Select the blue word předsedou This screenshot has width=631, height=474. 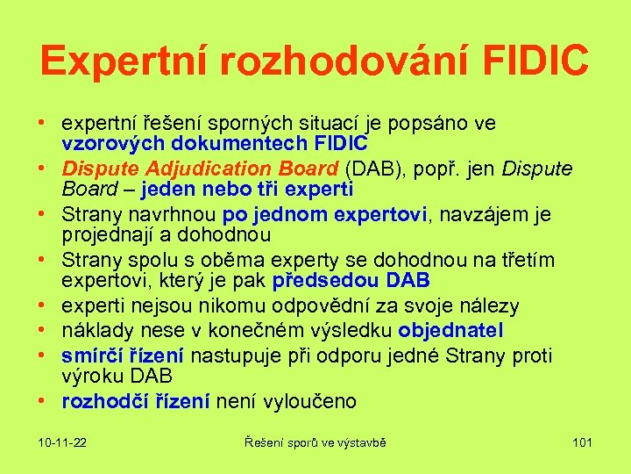326,282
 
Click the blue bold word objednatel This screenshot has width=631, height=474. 450,330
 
